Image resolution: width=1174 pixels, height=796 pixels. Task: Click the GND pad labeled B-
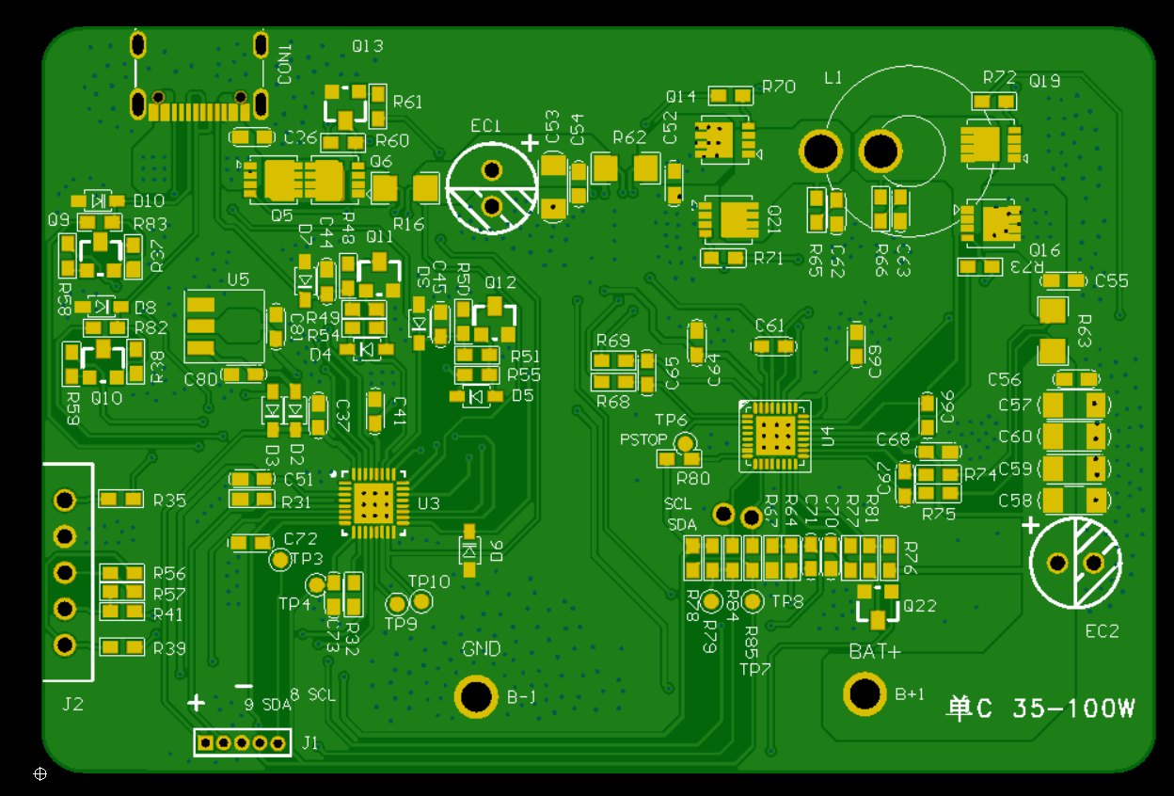(x=476, y=696)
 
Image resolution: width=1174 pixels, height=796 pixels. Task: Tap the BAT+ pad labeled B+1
(x=865, y=694)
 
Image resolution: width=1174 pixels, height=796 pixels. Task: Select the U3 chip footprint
(x=373, y=503)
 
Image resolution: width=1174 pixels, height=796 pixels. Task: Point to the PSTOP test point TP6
(x=687, y=441)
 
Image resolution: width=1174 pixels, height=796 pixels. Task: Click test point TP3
(x=280, y=560)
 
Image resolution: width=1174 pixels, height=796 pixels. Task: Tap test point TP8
(x=753, y=601)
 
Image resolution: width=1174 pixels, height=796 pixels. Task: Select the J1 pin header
(x=242, y=743)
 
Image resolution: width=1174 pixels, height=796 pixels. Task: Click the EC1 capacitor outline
(x=490, y=187)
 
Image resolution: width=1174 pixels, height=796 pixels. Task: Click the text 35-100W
(x=1073, y=708)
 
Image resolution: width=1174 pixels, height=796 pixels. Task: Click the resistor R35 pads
(x=121, y=499)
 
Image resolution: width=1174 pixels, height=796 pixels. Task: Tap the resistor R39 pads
(x=121, y=647)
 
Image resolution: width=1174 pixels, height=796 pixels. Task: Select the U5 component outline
(x=223, y=326)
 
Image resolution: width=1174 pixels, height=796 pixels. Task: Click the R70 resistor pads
(x=731, y=96)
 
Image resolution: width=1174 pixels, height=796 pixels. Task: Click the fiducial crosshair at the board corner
(x=40, y=773)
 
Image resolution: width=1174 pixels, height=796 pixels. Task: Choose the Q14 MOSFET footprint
(x=724, y=139)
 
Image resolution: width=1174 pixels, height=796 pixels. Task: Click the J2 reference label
(x=72, y=703)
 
